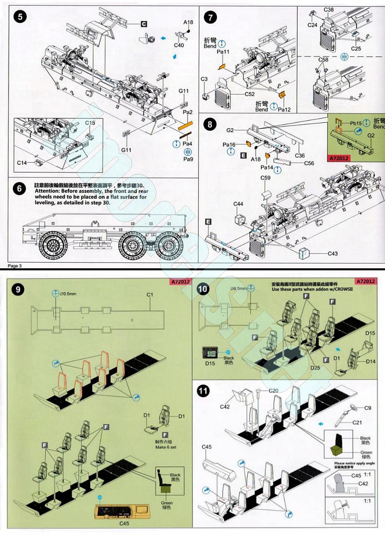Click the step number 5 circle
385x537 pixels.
tap(20, 17)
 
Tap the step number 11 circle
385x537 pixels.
tap(203, 391)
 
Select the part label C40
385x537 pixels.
tap(179, 45)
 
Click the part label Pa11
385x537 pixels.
tap(223, 52)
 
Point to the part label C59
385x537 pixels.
tap(265, 178)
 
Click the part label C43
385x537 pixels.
tap(333, 253)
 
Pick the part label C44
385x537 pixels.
tap(238, 204)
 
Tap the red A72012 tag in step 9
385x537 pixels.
tap(180, 282)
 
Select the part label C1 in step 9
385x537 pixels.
tap(150, 294)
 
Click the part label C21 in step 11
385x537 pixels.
tap(357, 422)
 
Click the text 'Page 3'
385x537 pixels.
tap(15, 266)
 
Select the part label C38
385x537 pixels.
tap(329, 10)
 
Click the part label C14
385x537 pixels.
tap(22, 163)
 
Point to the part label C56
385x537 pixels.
tap(309, 163)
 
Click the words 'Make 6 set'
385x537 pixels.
tap(166, 447)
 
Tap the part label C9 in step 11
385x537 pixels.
tap(368, 408)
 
